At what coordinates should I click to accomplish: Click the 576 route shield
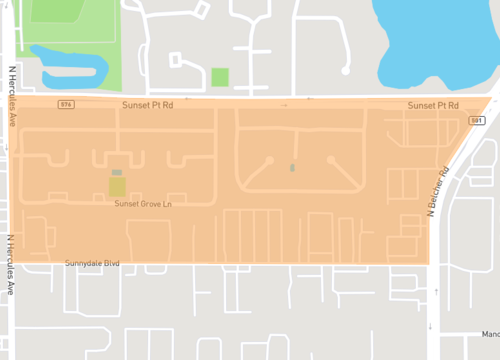(65, 104)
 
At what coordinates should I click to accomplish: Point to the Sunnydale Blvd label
(92, 264)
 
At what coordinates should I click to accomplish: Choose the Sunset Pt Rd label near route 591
(433, 105)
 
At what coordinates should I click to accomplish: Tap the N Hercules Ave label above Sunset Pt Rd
(13, 96)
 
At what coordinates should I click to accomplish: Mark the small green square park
(220, 77)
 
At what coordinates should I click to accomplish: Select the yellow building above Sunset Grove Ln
(117, 185)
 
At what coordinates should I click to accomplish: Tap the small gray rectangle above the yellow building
(117, 173)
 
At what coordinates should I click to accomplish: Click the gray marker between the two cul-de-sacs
(292, 167)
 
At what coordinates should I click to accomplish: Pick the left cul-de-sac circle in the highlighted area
(268, 160)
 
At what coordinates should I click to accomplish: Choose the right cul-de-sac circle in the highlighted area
(330, 158)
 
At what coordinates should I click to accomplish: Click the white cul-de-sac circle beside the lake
(346, 70)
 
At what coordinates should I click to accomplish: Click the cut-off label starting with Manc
(489, 334)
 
